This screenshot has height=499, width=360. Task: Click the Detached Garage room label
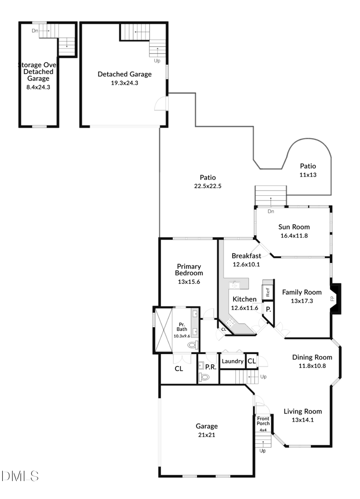click(125, 74)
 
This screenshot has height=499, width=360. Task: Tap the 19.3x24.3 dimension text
click(125, 83)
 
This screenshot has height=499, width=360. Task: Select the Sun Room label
click(294, 227)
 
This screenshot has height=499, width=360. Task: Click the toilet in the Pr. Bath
click(192, 346)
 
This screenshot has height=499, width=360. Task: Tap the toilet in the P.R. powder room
click(204, 378)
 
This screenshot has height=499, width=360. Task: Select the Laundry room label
click(233, 361)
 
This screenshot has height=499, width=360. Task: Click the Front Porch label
click(263, 421)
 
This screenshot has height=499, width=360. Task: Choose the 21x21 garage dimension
click(207, 435)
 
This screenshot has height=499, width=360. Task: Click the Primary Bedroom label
click(189, 270)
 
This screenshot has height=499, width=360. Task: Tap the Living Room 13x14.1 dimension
click(302, 420)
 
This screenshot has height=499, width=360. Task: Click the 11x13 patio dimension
click(308, 175)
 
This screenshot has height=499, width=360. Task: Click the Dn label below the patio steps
click(271, 211)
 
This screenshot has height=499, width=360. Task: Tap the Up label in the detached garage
click(157, 60)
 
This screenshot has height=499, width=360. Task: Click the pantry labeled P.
click(268, 310)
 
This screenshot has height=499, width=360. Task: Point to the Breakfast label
click(246, 256)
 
